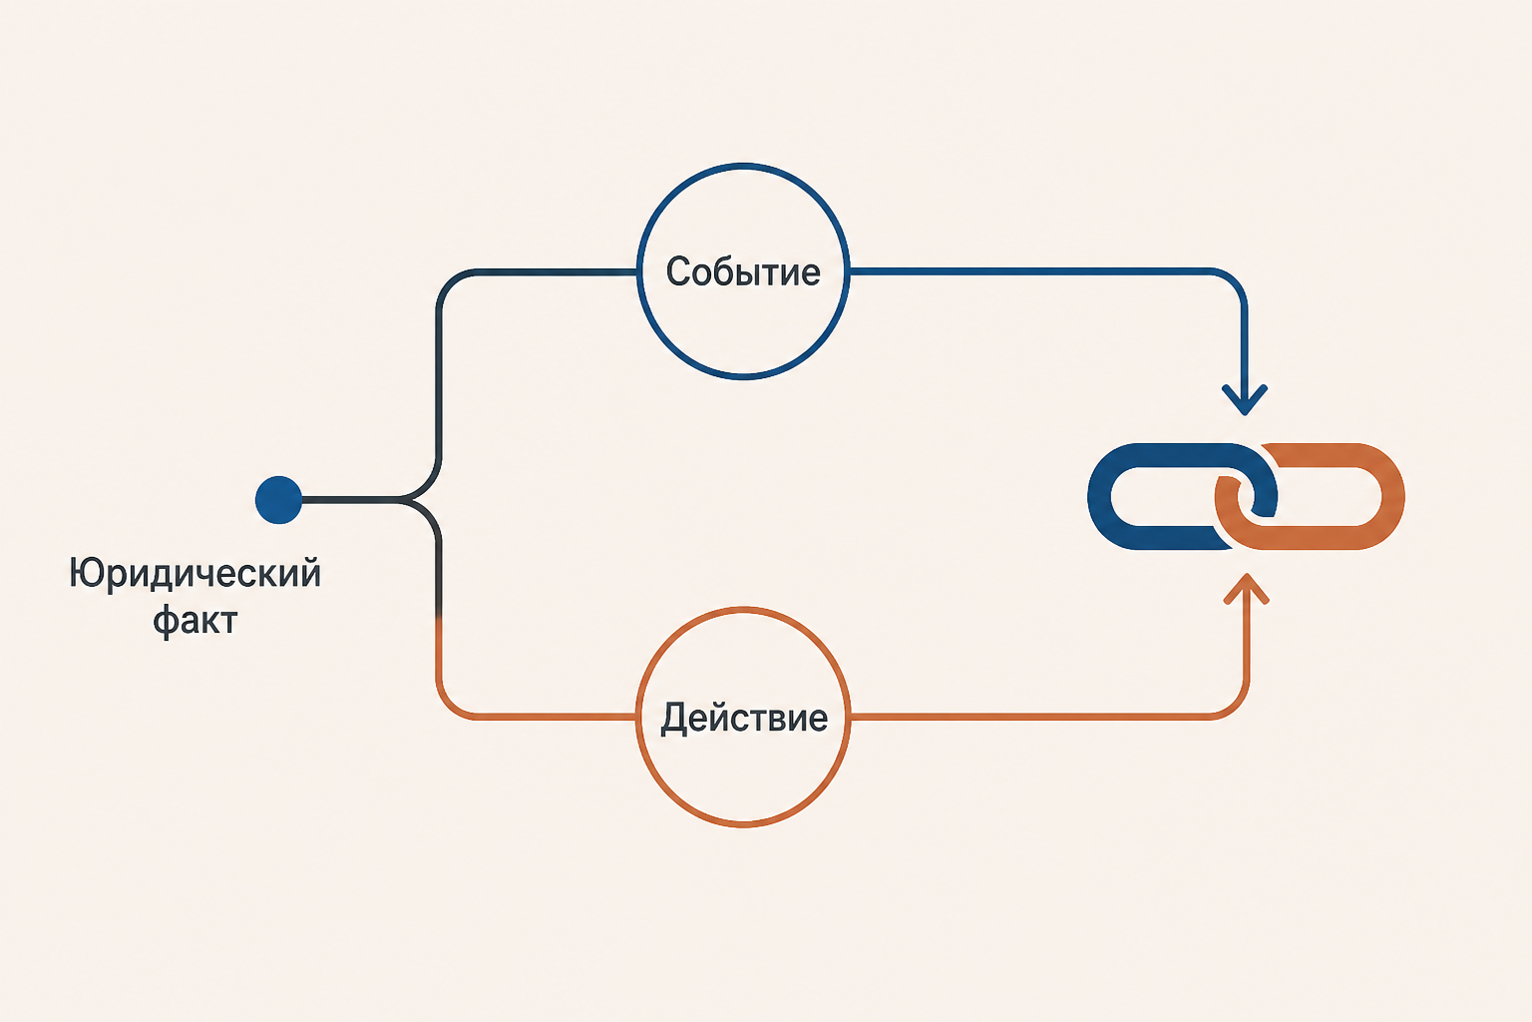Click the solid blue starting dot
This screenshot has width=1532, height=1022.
click(278, 500)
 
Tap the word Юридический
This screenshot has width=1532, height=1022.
click(194, 574)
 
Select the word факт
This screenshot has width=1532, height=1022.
click(194, 620)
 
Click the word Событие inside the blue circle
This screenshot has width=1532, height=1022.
click(743, 271)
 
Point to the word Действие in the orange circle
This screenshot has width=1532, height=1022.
click(743, 718)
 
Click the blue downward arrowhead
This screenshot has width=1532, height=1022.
click(1245, 400)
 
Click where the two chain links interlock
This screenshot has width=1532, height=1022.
click(1246, 496)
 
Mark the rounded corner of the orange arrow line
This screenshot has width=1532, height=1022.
click(1236, 707)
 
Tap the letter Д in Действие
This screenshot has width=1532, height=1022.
click(675, 718)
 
